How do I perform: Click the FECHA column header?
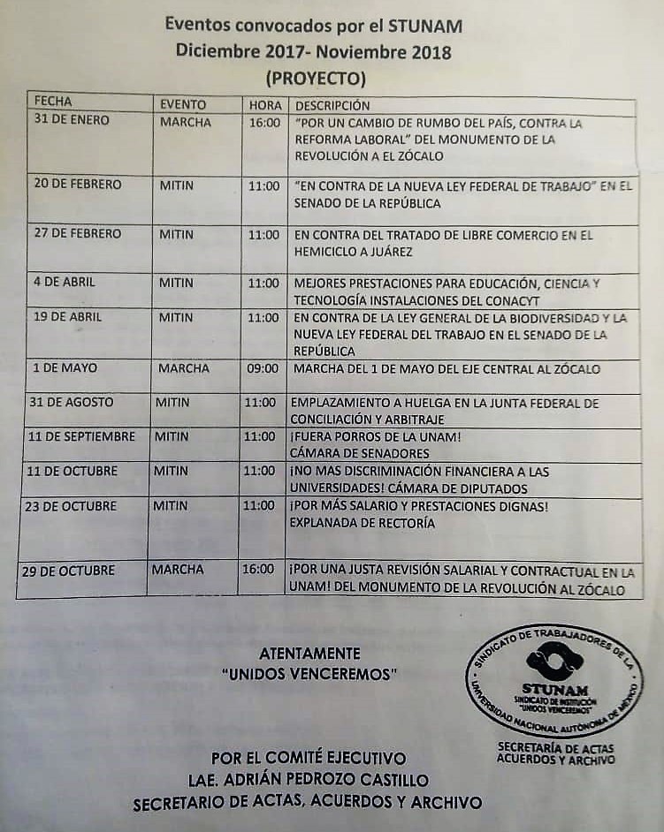pyautogui.click(x=53, y=102)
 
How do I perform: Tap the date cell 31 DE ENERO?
pyautogui.click(x=72, y=120)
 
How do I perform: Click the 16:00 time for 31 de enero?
pyautogui.click(x=263, y=124)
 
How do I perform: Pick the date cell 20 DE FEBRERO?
pyautogui.click(x=78, y=185)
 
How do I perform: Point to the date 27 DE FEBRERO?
pyautogui.click(x=77, y=234)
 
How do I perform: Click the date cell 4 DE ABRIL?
pyautogui.click(x=64, y=283)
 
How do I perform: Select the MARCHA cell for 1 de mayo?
pyautogui.click(x=184, y=367)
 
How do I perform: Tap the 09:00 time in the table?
pyautogui.click(x=261, y=368)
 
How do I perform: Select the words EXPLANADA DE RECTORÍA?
pyautogui.click(x=362, y=523)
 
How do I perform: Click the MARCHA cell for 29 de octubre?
pyautogui.click(x=178, y=571)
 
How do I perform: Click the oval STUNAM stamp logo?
pyautogui.click(x=554, y=681)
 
